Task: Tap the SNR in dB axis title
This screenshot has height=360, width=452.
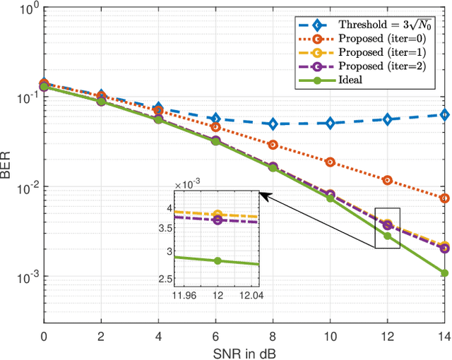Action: point(244,352)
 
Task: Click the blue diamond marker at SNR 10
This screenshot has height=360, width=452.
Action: point(330,123)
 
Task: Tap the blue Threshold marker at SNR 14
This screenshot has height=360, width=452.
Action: point(444,114)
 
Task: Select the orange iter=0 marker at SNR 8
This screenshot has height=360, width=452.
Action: point(273,145)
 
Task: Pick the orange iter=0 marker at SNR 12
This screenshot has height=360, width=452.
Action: point(387,180)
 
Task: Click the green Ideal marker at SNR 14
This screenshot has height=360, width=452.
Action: point(444,272)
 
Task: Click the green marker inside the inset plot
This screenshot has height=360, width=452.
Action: point(218,260)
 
